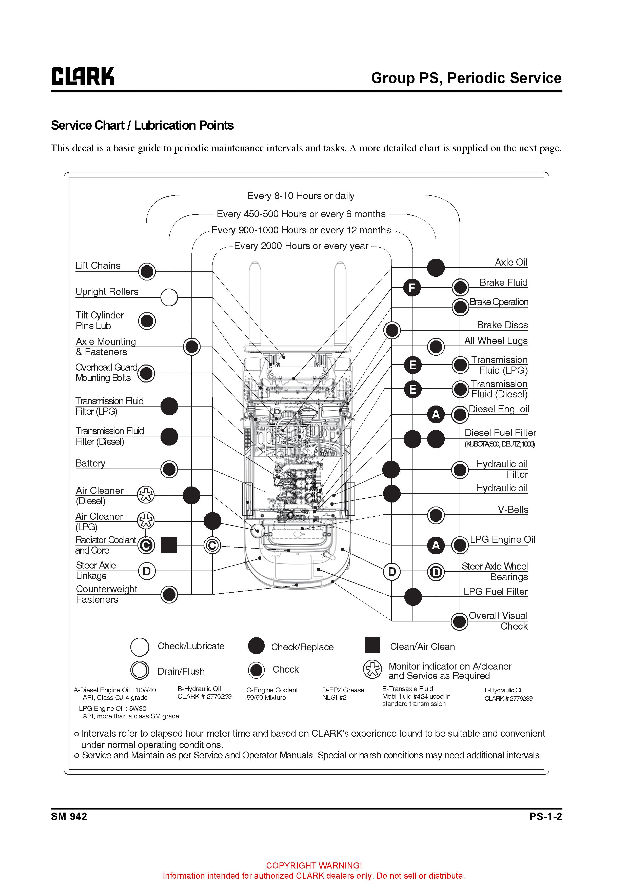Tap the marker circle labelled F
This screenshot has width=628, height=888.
(x=412, y=288)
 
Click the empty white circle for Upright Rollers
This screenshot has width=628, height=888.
(x=169, y=297)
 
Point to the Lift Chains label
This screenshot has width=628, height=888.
(x=98, y=266)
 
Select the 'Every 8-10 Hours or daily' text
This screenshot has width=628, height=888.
(x=301, y=196)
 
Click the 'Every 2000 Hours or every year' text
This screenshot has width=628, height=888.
(x=301, y=246)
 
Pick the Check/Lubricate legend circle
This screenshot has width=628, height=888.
(x=140, y=647)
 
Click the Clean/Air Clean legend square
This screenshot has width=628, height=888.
(x=372, y=645)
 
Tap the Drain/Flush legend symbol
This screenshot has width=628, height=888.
(x=140, y=670)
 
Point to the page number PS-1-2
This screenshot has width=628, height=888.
(x=546, y=816)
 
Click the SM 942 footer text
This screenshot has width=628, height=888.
(x=69, y=816)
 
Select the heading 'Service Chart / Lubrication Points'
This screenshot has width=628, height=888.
(x=142, y=125)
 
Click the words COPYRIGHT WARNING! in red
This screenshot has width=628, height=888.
(x=314, y=865)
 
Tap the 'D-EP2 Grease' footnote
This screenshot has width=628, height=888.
(x=343, y=690)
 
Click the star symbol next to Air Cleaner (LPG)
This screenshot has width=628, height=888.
(x=146, y=521)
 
